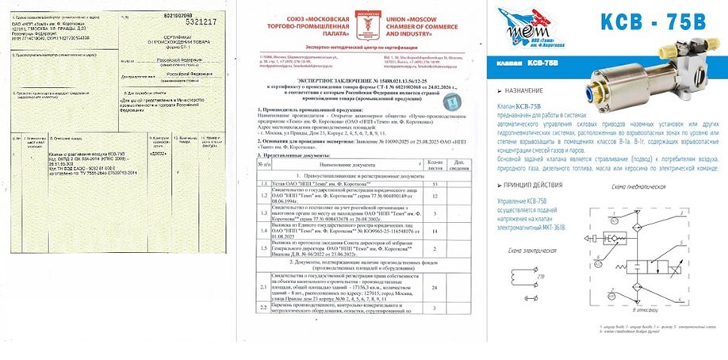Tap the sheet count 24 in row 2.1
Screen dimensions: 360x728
point(435,286)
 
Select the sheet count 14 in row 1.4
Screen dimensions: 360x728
point(435,231)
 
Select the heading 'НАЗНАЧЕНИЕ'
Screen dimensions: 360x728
point(531,90)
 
